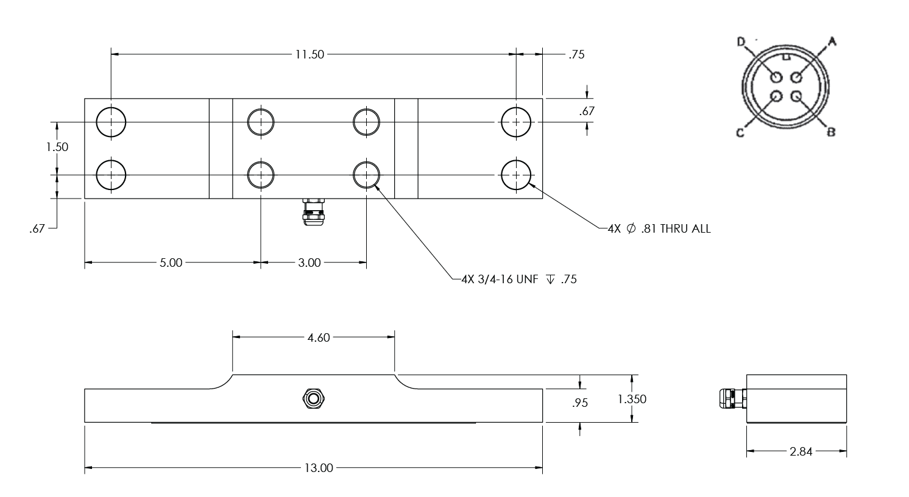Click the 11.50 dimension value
(x=309, y=54)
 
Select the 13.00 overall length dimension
(x=319, y=468)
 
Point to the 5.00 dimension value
(x=171, y=263)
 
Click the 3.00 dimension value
(x=309, y=263)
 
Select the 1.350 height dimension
(x=632, y=400)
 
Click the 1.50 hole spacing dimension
(x=57, y=147)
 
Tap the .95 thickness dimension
(x=581, y=403)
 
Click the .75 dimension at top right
(x=576, y=55)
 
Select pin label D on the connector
(x=741, y=41)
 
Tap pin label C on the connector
(x=740, y=133)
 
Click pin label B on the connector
(x=830, y=132)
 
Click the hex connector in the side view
(x=314, y=399)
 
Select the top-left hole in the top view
(x=111, y=122)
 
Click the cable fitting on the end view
(x=732, y=399)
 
